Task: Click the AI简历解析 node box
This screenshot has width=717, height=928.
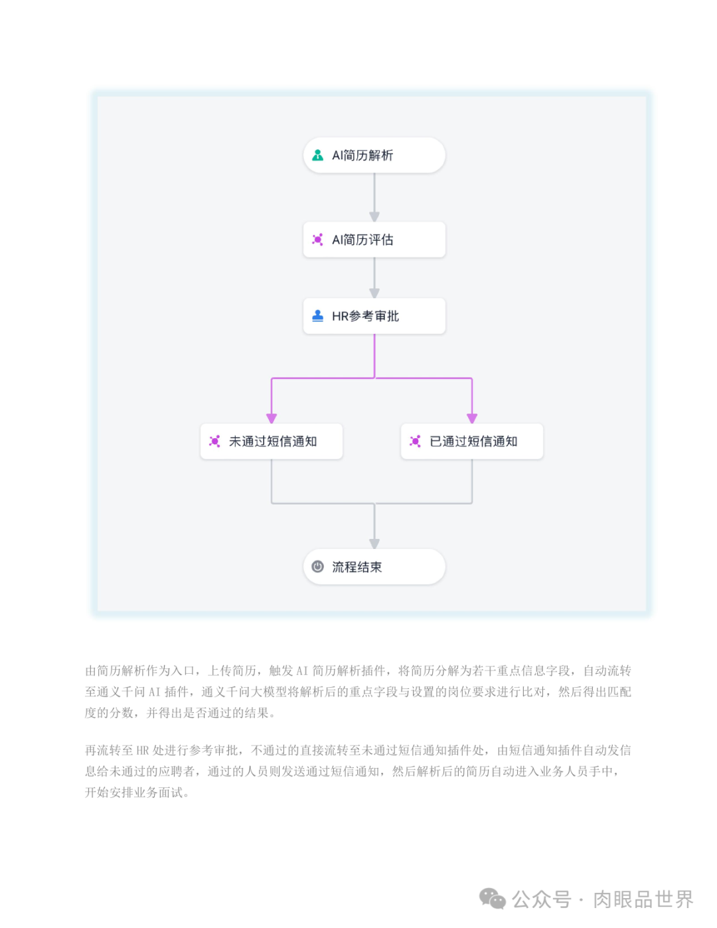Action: [x=374, y=155]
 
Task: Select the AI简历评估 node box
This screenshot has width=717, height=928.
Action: [x=374, y=240]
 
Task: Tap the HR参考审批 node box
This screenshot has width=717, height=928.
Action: [x=374, y=316]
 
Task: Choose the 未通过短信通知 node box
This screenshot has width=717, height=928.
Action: [x=272, y=441]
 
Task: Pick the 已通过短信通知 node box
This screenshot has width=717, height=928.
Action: [x=472, y=441]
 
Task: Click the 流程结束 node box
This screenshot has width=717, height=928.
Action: [x=374, y=567]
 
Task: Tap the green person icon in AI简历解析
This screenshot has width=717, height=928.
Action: [x=318, y=155]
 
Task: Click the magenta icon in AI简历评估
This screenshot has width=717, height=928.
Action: [x=318, y=240]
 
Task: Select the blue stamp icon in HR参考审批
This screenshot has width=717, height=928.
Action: [x=318, y=316]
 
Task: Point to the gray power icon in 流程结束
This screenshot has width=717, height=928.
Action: [x=318, y=567]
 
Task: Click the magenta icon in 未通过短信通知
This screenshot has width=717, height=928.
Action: [x=215, y=441]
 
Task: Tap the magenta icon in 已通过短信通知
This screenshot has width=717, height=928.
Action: [x=416, y=441]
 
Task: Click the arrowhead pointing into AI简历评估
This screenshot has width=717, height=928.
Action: [x=374, y=217]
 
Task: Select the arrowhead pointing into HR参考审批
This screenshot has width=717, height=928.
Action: [x=374, y=293]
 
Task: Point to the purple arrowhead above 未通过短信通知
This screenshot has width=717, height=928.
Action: [x=272, y=418]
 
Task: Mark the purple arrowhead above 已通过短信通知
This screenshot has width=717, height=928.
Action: [x=472, y=418]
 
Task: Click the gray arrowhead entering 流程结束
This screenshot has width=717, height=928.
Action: [x=374, y=544]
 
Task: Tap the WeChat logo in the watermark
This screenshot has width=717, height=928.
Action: [x=493, y=899]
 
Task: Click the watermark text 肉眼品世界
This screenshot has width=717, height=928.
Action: [x=643, y=899]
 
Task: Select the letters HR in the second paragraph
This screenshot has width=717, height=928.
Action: [x=143, y=751]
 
